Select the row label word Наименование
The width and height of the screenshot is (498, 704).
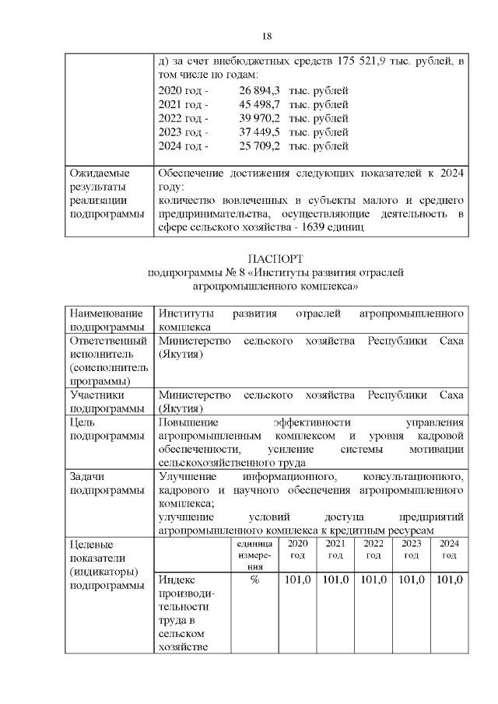point(108,313)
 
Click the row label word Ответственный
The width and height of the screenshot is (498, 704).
point(108,341)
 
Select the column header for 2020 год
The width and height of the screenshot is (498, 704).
point(297,549)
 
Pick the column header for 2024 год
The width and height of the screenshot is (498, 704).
point(449,549)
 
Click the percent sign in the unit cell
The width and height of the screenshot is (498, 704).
point(254,580)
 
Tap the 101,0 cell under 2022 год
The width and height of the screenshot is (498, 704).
point(373,580)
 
